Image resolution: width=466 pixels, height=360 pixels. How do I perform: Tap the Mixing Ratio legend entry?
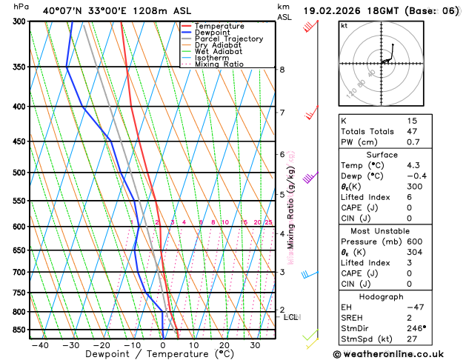point(219,64)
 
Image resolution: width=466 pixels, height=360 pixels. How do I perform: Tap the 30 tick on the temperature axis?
point(255,345)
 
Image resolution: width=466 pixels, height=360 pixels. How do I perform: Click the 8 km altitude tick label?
point(282,70)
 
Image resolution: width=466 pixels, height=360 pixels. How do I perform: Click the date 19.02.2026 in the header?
point(329,11)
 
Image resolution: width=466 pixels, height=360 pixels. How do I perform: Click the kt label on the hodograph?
point(344,26)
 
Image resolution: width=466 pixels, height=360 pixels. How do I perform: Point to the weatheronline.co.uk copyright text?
point(397,354)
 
